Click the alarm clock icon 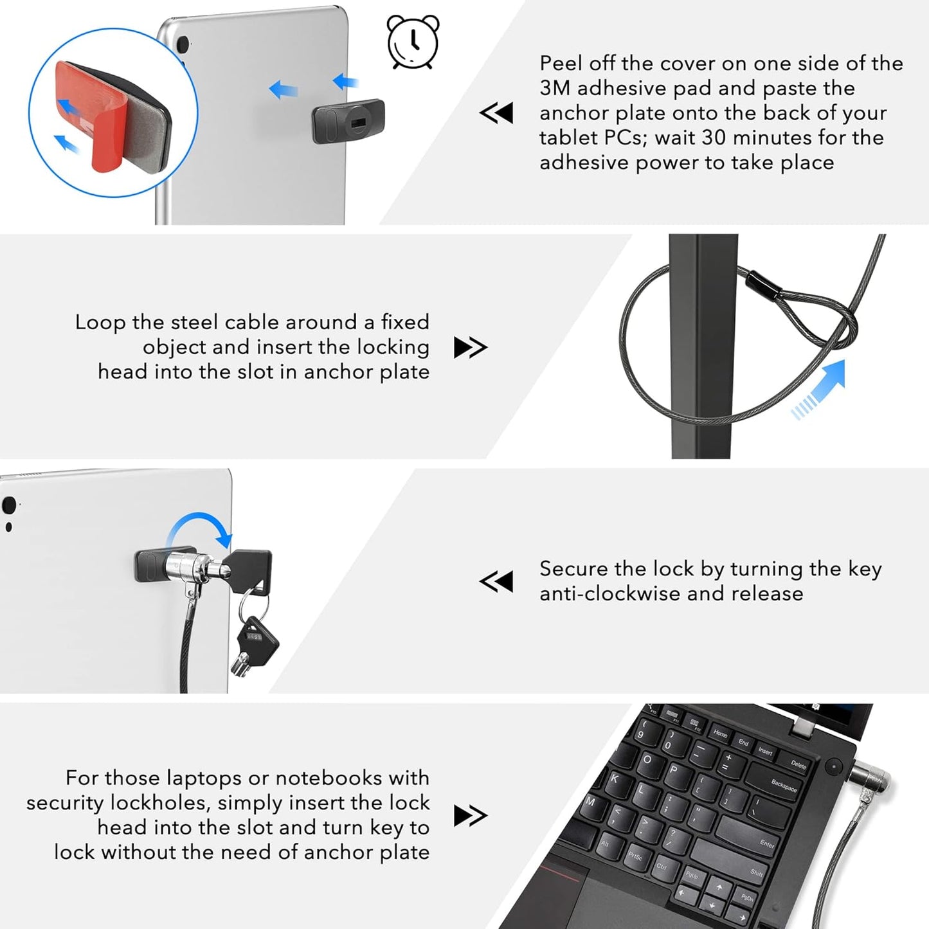click(x=413, y=42)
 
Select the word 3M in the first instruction click(x=554, y=88)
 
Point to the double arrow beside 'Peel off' click(x=496, y=113)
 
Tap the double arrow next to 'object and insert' click(x=471, y=347)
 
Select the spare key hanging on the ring click(x=255, y=645)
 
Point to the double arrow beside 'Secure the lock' click(x=496, y=581)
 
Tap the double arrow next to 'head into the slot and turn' click(x=471, y=815)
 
